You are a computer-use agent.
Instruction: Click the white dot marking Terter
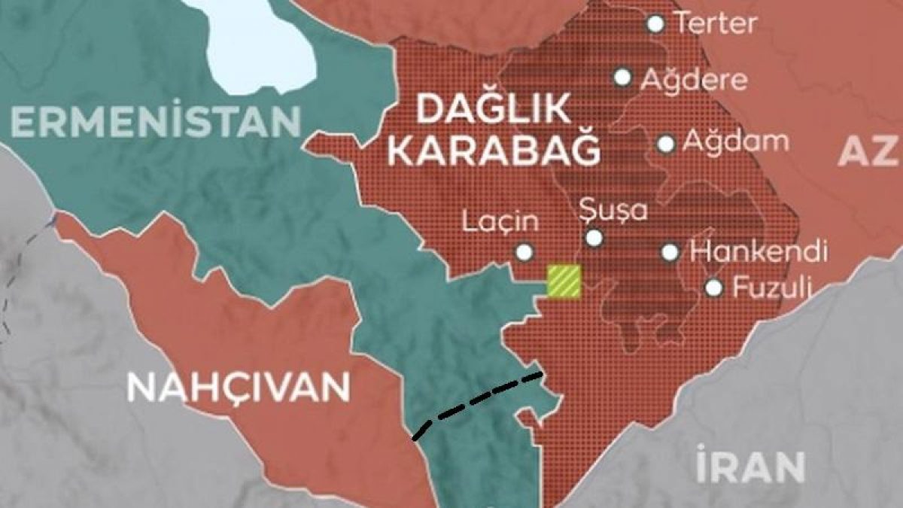tap(656, 24)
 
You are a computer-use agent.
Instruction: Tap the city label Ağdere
tap(693, 79)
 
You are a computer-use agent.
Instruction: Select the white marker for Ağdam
tap(666, 144)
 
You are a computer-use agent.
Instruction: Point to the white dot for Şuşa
tap(594, 239)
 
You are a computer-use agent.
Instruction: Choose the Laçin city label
tap(500, 222)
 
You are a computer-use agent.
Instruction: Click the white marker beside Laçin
tap(524, 252)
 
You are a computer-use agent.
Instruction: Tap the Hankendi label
tap(759, 251)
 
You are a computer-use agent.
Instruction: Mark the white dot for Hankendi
tap(670, 252)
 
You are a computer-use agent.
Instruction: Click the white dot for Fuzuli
tap(714, 287)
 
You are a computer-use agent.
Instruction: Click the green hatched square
tap(564, 281)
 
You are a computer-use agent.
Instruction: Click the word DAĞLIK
tap(494, 111)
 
